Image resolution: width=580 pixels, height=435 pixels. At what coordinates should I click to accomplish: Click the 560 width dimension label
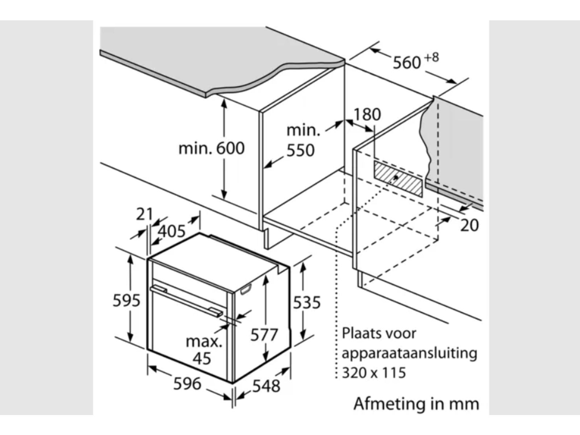point(407,63)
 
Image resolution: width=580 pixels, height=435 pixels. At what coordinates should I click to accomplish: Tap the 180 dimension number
point(367,115)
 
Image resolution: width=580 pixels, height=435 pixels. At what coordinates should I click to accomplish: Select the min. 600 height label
point(212,148)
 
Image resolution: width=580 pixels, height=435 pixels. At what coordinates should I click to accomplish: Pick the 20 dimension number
point(469,225)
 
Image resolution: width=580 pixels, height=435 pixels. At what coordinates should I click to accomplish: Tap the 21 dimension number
point(144,214)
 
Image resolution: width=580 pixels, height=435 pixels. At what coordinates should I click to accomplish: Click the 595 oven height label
point(126,301)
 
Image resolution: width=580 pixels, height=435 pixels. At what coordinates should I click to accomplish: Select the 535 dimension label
point(307,302)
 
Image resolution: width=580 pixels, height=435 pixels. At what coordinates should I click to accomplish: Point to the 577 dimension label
point(264,335)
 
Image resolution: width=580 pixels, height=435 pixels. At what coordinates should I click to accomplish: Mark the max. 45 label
point(203,350)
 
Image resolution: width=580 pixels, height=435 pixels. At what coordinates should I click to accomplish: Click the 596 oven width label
point(187,384)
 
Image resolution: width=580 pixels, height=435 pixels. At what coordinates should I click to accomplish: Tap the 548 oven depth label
point(266,386)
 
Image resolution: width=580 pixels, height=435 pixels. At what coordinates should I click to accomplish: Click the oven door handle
point(187,301)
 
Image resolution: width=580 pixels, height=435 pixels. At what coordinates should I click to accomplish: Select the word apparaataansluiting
point(409,353)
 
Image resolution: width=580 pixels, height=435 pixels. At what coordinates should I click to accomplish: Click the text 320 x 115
point(374,373)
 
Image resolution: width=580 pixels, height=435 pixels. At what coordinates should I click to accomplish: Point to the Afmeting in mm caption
point(416,403)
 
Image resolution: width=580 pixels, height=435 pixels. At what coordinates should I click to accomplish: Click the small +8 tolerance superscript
point(431,57)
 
